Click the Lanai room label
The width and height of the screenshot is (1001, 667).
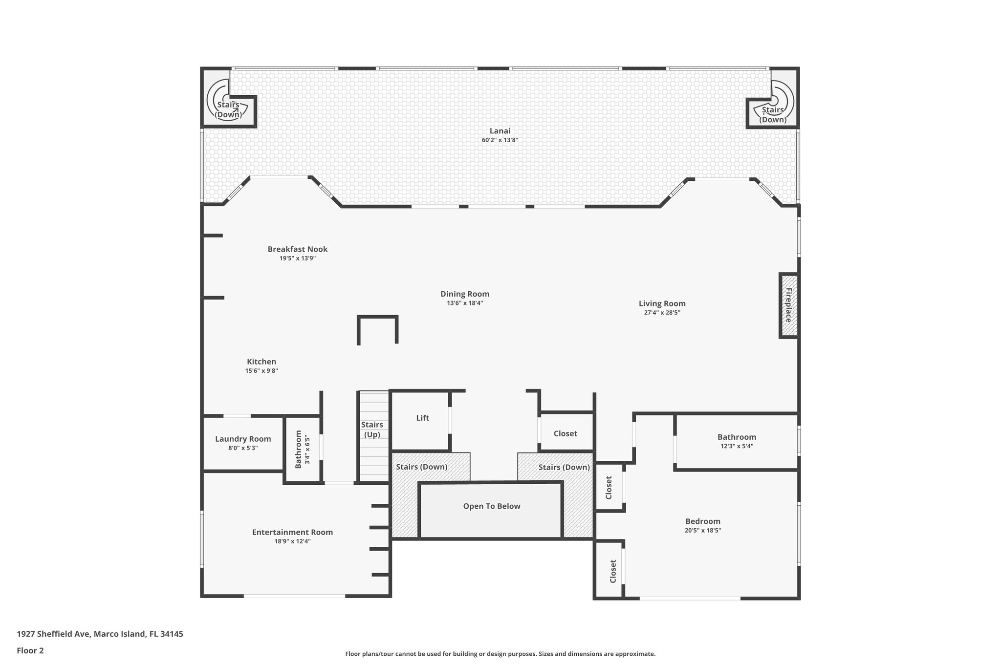tap(500, 131)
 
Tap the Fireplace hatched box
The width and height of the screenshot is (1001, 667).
tap(788, 305)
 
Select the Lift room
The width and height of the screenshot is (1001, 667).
tap(422, 418)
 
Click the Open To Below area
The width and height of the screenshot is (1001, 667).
tap(491, 507)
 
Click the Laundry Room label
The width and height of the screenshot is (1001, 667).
tap(243, 439)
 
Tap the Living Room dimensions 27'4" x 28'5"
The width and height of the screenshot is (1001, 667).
tap(662, 313)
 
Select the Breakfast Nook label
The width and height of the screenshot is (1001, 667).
tap(297, 249)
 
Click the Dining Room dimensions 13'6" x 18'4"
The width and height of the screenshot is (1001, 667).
tap(464, 303)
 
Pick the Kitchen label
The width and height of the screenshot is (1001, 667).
tap(261, 362)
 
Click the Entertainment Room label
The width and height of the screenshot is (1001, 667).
tap(292, 533)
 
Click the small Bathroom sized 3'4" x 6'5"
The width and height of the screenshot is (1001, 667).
tap(302, 449)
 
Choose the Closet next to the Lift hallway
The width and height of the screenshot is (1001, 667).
tap(565, 434)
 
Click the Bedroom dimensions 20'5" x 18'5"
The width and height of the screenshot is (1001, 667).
tap(702, 530)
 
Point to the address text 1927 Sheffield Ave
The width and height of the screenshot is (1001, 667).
tap(100, 634)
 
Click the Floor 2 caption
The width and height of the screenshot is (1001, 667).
tap(30, 650)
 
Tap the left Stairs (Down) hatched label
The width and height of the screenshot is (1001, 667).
tap(421, 467)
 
